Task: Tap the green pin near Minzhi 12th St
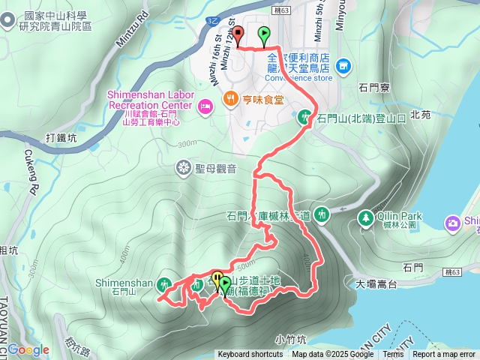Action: click(x=264, y=34)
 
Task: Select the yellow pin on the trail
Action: click(x=217, y=280)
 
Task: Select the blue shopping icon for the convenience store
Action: click(x=344, y=67)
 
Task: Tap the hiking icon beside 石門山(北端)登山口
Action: click(x=305, y=117)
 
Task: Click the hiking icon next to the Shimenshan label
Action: click(x=164, y=283)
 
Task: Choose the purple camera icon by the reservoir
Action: click(x=452, y=223)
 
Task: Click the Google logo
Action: click(x=28, y=349)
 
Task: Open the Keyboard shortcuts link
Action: click(x=250, y=355)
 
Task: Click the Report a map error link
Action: click(x=444, y=355)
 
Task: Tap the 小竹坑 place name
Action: click(x=289, y=337)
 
